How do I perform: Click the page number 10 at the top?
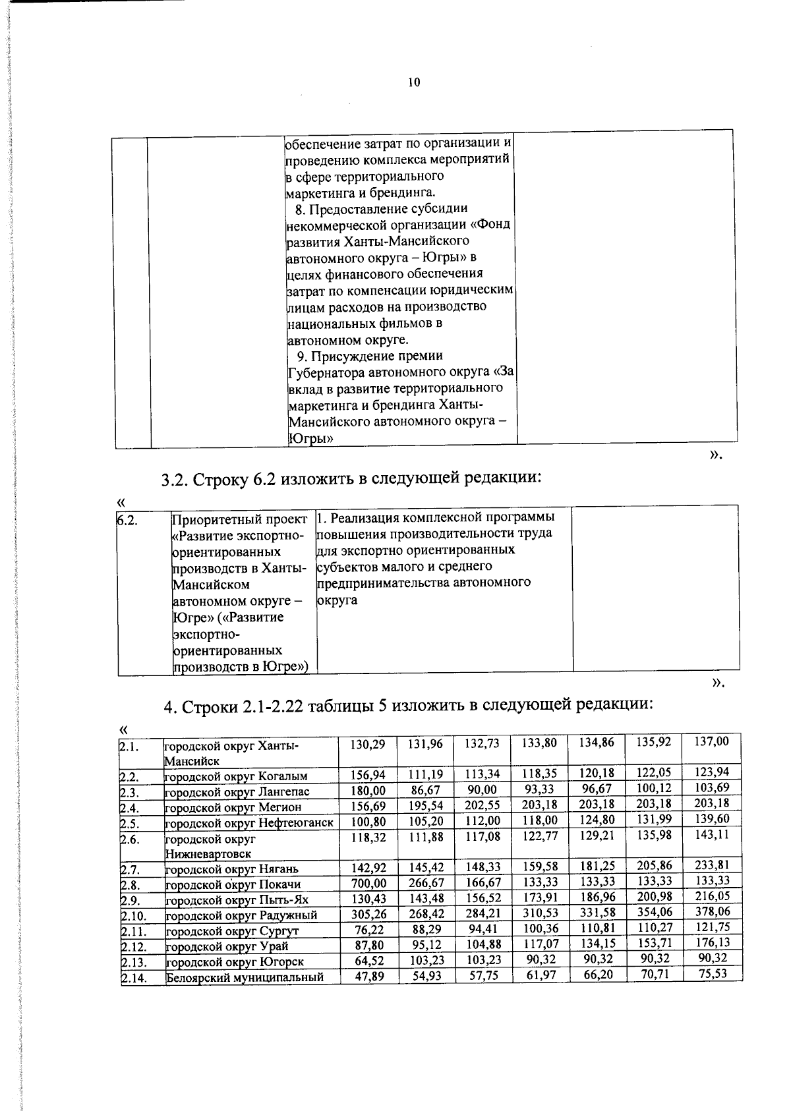coord(414,82)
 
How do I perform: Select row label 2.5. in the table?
coord(129,823)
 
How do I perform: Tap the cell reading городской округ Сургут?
coord(232,931)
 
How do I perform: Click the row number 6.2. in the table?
coord(127,521)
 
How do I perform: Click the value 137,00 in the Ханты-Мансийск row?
coord(713,742)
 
